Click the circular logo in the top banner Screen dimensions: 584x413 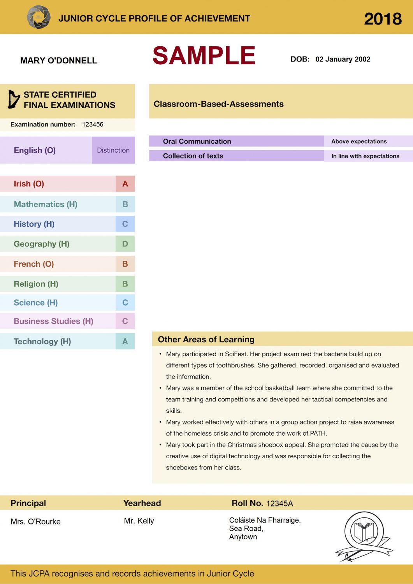click(39, 17)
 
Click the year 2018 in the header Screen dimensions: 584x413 click(383, 19)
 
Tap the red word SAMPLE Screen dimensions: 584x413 click(204, 55)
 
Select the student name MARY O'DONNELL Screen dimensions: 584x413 click(58, 60)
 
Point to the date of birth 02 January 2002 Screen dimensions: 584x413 click(343, 59)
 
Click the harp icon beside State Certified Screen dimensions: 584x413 click(14, 99)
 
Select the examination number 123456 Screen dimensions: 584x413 click(93, 125)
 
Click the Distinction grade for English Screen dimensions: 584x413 click(113, 150)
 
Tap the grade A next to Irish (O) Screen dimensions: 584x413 click(125, 184)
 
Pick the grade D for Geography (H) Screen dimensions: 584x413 click(125, 244)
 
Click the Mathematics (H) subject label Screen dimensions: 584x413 click(46, 204)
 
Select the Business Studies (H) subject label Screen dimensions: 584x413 click(53, 321)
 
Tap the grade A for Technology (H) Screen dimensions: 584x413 click(125, 341)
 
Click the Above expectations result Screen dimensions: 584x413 click(359, 141)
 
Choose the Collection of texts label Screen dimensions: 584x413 click(193, 156)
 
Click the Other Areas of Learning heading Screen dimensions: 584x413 click(206, 339)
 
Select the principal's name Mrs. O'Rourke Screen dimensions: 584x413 click(36, 522)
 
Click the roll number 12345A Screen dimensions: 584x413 click(279, 504)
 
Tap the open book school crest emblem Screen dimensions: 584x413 click(364, 531)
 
